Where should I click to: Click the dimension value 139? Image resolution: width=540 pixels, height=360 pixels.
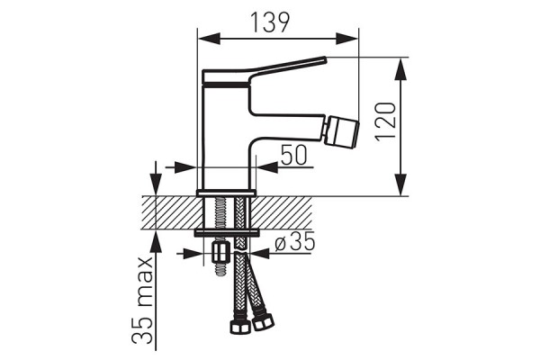(x=270, y=22)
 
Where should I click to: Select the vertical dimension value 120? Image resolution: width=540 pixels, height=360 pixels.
(x=386, y=121)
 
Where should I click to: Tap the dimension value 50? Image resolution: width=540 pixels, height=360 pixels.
(x=293, y=155)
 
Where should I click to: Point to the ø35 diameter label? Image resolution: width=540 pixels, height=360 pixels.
(x=295, y=241)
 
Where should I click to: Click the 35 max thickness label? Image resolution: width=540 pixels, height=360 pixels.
(x=142, y=300)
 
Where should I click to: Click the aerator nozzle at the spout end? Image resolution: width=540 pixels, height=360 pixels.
(x=343, y=130)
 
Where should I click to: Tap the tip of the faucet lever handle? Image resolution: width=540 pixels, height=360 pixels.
(x=324, y=59)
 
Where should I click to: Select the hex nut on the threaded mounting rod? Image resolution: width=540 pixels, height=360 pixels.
(x=221, y=253)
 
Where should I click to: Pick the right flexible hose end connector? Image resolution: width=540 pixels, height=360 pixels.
(x=263, y=322)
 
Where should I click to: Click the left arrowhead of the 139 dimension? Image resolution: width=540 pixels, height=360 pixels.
(x=209, y=39)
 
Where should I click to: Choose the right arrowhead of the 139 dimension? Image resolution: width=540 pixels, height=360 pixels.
(x=347, y=39)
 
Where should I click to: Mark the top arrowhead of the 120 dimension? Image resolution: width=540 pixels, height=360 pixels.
(x=400, y=69)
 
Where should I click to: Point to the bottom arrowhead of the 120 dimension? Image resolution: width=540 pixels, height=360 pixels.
(x=400, y=184)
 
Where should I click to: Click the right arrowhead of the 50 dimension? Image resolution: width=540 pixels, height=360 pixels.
(x=267, y=167)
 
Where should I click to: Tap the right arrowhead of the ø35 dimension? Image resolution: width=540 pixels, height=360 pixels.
(x=259, y=254)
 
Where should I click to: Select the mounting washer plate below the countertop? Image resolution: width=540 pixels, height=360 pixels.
(x=227, y=233)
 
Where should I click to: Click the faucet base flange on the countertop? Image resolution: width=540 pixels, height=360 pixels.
(x=226, y=193)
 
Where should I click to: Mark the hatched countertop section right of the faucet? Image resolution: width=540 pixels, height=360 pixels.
(x=281, y=212)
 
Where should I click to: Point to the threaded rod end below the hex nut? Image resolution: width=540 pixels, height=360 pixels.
(x=220, y=270)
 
